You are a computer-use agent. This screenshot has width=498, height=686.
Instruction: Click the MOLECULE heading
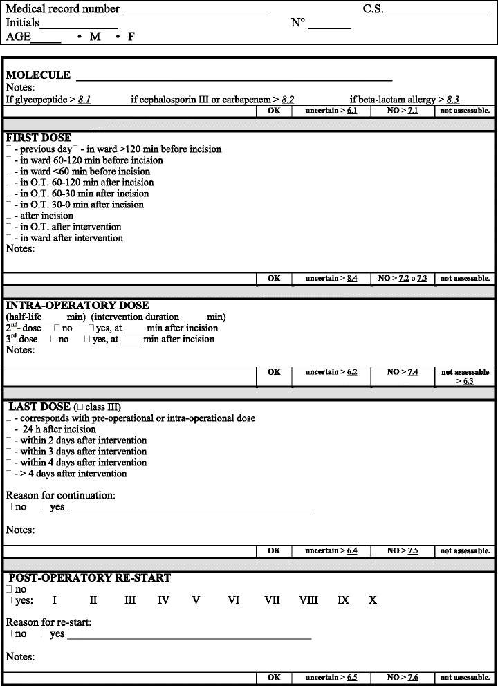coord(38,75)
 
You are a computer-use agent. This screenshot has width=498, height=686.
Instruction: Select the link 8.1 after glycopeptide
coord(84,100)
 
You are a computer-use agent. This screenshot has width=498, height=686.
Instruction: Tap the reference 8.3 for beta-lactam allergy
coord(453,100)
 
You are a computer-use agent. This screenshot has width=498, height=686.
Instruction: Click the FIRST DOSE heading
coord(38,138)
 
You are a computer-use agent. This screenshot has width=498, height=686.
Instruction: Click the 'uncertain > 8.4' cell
coord(331,279)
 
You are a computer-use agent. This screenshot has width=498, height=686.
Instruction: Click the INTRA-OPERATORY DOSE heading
coord(77,305)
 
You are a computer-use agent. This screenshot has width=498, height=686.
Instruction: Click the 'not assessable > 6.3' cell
coord(465,377)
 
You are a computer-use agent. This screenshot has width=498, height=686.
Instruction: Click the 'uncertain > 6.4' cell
coord(331,550)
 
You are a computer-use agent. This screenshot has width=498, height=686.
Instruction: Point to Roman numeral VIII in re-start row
coord(308,600)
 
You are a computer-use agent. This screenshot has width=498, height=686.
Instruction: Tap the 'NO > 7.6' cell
coord(403,677)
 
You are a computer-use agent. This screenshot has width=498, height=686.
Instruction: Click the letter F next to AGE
coord(131,37)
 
